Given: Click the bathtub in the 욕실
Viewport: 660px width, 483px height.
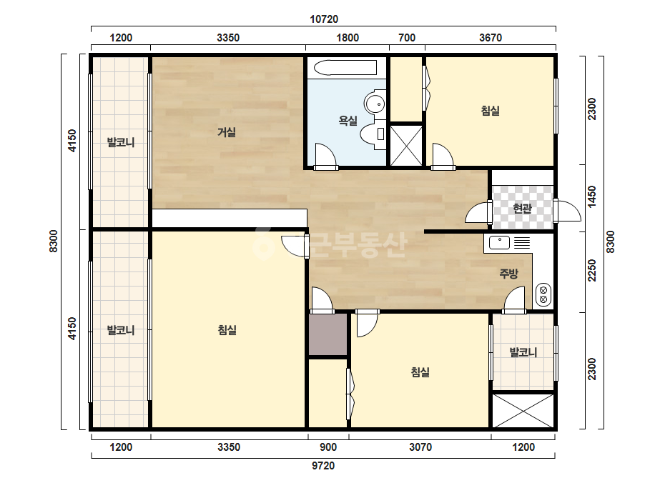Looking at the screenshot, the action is [x=345, y=68].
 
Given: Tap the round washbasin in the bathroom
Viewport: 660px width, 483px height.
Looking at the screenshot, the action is [x=375, y=104].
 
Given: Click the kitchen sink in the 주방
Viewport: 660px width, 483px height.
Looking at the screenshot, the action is [x=499, y=243].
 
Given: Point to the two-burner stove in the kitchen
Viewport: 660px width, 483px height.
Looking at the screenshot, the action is [x=543, y=294].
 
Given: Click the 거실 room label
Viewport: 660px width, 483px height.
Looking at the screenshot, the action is [x=227, y=132].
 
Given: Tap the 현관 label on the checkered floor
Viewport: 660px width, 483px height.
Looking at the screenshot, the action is [x=523, y=208].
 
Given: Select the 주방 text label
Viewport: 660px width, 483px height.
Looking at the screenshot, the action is [x=508, y=274].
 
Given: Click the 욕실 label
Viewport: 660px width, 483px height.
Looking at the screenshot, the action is [x=348, y=121].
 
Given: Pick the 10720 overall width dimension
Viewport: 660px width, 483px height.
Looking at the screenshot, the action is [x=324, y=19].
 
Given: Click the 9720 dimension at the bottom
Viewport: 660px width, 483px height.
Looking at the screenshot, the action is [x=323, y=466].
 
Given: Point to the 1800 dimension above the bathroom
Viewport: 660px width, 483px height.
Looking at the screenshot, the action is [x=348, y=38].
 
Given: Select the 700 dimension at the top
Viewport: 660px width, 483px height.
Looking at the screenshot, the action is [x=407, y=38].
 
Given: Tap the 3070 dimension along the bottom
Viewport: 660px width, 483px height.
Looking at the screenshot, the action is [x=420, y=447].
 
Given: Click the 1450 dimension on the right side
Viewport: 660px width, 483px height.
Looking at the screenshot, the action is [x=592, y=196].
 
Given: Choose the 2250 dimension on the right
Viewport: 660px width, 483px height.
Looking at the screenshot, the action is [x=592, y=271].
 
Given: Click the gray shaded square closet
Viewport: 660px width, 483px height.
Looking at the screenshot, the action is [x=328, y=334].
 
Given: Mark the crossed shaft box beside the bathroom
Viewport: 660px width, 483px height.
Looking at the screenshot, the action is [x=406, y=146].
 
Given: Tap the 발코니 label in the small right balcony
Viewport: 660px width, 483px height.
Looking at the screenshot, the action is [x=523, y=352].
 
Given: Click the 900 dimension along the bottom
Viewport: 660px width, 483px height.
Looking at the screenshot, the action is [x=328, y=447].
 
